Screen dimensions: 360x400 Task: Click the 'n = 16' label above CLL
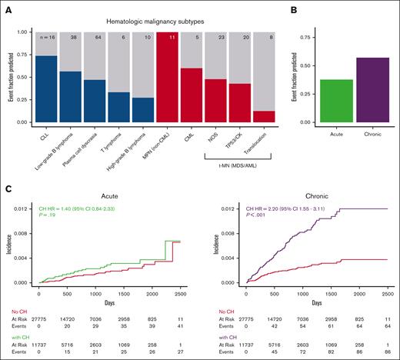point(47,37)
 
